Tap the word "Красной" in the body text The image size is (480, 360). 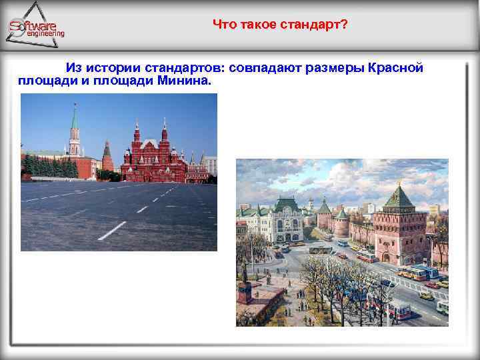click(x=395, y=69)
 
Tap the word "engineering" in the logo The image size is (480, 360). click(x=45, y=33)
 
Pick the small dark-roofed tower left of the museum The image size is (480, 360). click(x=107, y=156)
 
